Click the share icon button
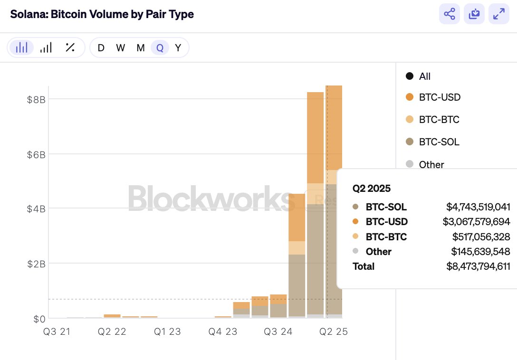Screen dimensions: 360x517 coord(450,14)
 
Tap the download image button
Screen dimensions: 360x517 coord(474,14)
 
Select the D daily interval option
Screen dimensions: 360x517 coord(101,47)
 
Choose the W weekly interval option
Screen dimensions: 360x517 coord(121,47)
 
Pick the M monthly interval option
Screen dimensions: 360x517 coord(141,47)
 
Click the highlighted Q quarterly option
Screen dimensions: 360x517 coord(160,47)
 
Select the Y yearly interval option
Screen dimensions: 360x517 coord(178,47)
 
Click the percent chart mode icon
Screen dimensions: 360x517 coord(70,47)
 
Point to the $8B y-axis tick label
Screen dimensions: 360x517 coord(36,99)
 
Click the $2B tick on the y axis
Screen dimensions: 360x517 coord(36,264)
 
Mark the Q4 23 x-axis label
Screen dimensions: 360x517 coord(222,332)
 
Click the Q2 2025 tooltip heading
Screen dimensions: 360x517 coord(372,189)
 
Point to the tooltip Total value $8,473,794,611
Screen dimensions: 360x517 coord(478,266)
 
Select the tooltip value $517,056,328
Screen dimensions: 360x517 coord(481,237)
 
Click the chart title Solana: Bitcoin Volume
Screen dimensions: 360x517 coord(102,14)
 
